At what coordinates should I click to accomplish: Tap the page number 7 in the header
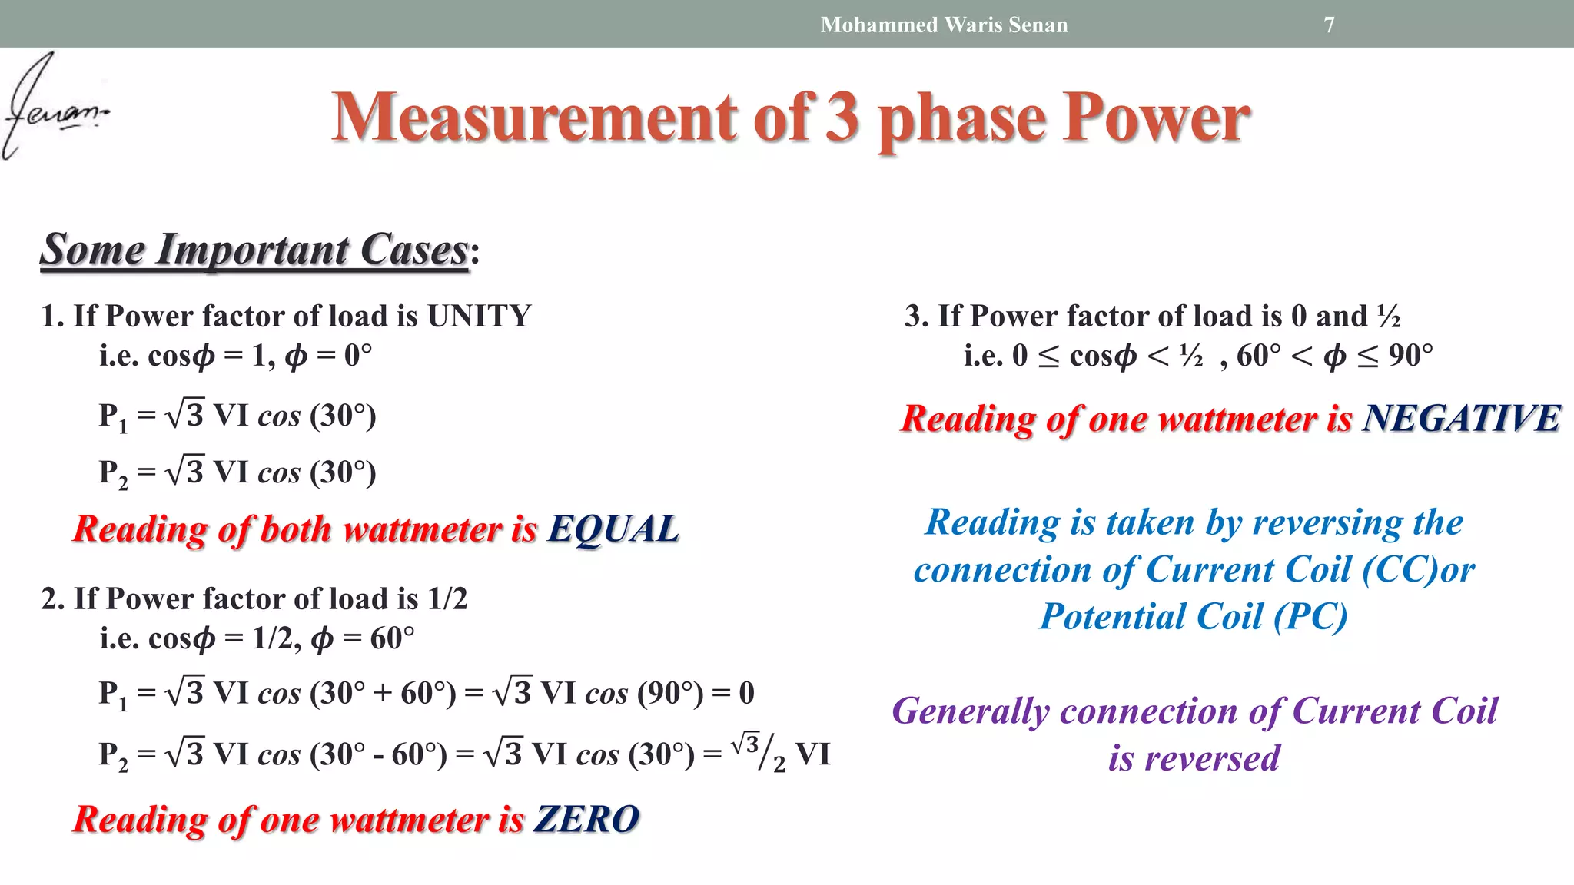(x=1329, y=25)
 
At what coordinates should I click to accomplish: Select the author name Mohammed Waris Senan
(x=944, y=25)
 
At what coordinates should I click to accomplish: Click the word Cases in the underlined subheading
(x=413, y=250)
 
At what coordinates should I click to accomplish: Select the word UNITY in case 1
(x=479, y=316)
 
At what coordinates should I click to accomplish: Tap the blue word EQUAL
(x=613, y=529)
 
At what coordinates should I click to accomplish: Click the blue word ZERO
(x=586, y=819)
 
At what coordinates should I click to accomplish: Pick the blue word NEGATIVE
(x=1461, y=419)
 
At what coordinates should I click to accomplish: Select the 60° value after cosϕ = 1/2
(x=392, y=638)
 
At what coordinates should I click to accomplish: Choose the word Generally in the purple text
(x=970, y=711)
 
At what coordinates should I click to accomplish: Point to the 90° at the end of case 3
(x=1410, y=355)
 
